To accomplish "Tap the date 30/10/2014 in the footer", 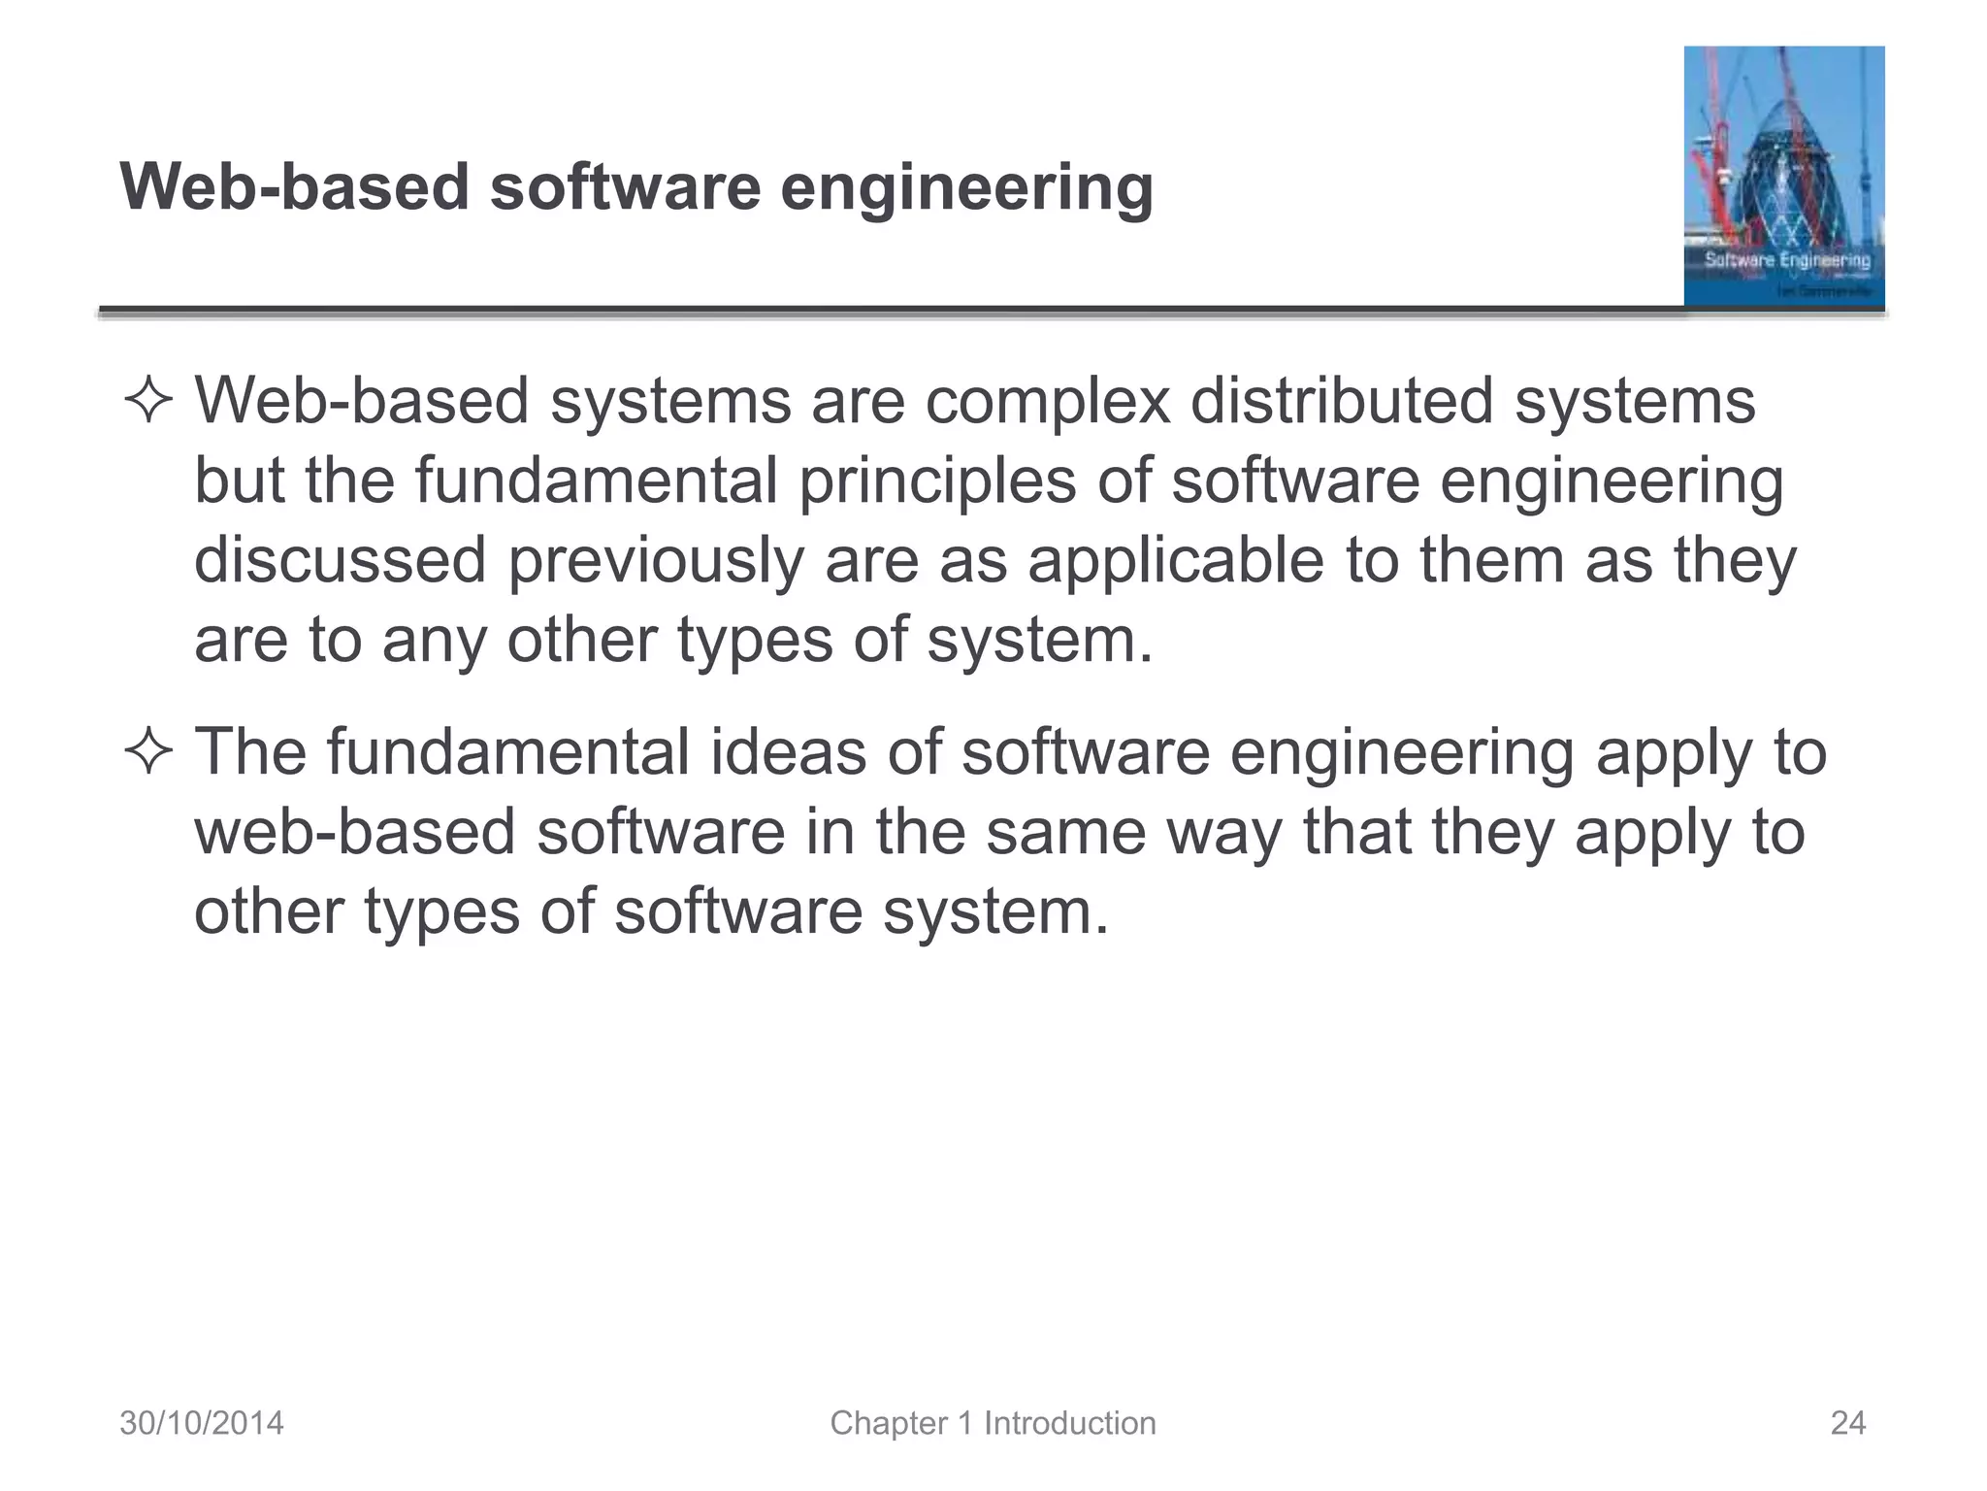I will coord(202,1423).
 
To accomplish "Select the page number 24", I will coord(1847,1423).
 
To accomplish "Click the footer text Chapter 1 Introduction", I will coord(993,1423).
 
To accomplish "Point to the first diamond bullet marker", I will coord(148,402).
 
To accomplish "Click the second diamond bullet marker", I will coord(148,753).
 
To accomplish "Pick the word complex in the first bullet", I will coord(1047,402).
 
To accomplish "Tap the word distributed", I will coord(1341,402).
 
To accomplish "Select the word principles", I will coord(937,481).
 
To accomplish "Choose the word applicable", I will coord(1175,561).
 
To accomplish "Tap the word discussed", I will coord(340,561).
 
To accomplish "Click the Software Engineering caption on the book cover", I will coord(1787,260).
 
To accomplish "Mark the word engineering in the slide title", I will coord(966,188).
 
